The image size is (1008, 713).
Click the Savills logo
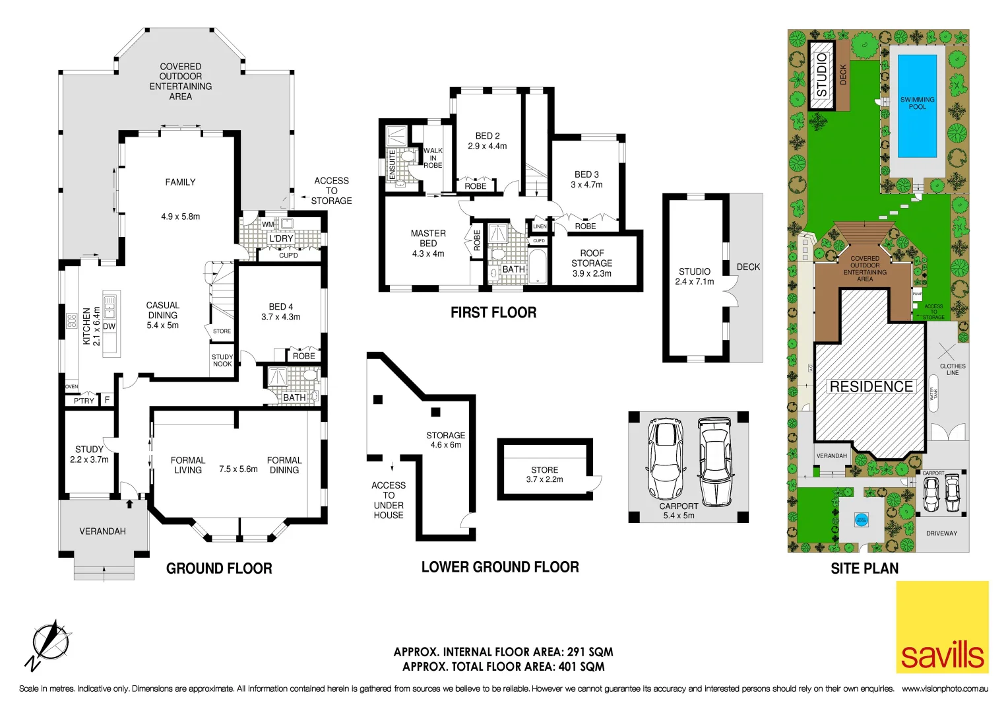942,627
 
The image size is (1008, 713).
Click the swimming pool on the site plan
917,104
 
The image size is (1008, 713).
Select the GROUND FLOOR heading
219,568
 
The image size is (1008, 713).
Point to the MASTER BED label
428,238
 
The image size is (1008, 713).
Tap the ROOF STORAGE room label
592,258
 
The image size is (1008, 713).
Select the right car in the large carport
714,460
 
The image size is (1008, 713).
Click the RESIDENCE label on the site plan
871,387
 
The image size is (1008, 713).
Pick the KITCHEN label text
86,326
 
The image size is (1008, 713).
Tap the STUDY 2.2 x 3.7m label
89,454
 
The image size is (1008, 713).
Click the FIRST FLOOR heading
493,313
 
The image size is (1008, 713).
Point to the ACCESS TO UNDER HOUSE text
389,500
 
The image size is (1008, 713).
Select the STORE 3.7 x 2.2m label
544,475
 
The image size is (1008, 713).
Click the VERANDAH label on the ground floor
102,531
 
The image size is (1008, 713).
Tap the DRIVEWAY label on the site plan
941,533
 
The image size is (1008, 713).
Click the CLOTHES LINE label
953,369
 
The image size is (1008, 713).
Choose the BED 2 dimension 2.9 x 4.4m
488,147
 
